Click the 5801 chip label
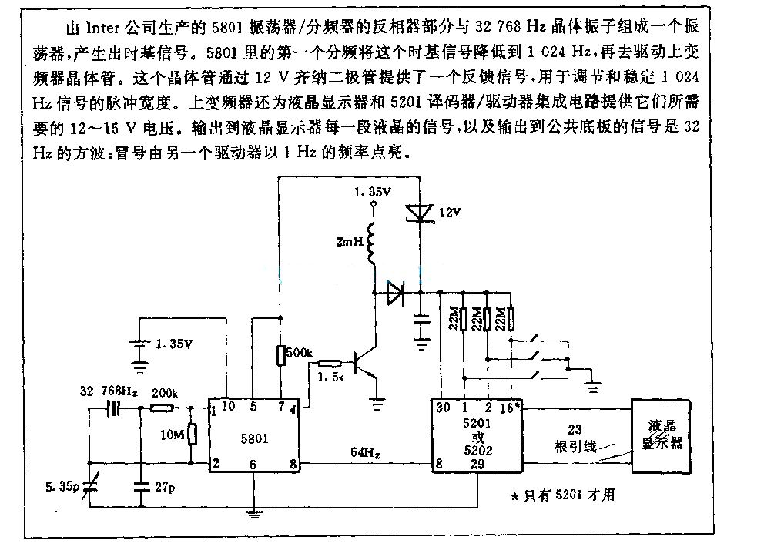254,439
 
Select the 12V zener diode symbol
420,214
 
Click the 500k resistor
280,355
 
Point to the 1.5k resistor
330,363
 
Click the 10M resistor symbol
193,434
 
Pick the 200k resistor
162,408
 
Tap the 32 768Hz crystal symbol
113,408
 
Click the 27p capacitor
141,485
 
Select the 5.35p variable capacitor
89,486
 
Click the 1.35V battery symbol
140,344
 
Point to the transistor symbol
366,363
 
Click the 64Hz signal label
365,452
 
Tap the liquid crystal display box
662,436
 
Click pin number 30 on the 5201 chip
443,407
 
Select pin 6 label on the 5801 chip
253,465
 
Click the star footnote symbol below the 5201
514,496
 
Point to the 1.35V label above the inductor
372,192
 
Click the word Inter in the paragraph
102,28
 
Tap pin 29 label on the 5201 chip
477,464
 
